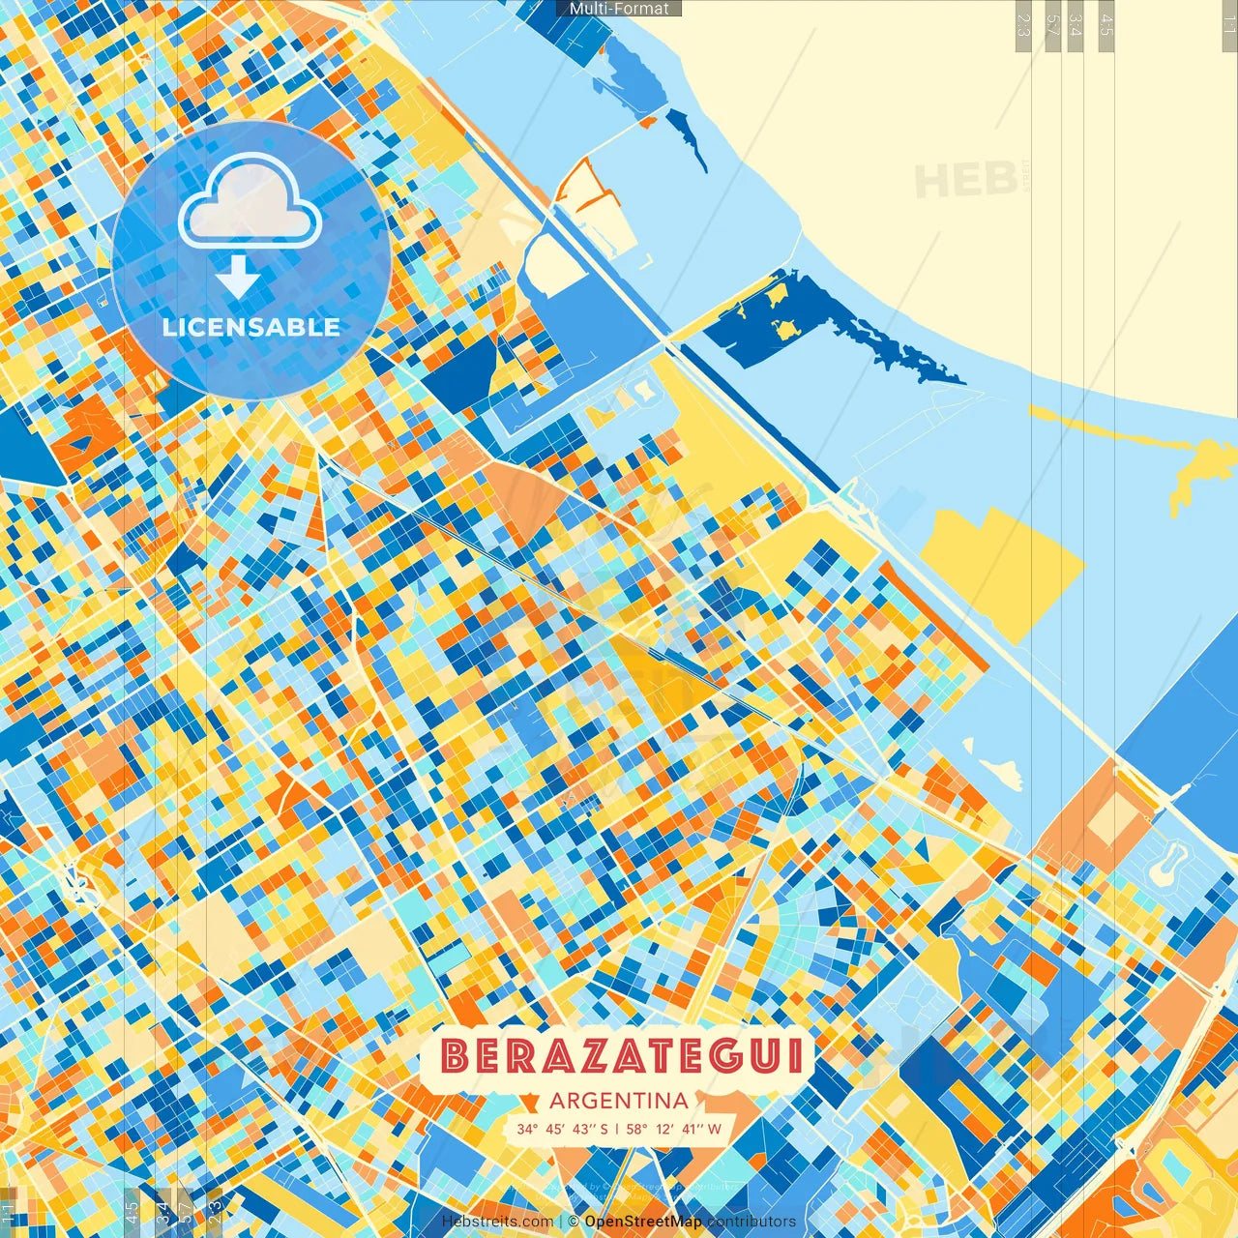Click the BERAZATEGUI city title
pos(620,1056)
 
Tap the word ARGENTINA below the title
pos(619,1101)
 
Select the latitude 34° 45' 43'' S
pos(562,1129)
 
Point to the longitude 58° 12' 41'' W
pos(673,1129)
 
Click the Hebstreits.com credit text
pos(497,1222)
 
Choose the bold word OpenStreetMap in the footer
pos(643,1222)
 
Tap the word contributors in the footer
pos(752,1222)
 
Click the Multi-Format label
pos(619,9)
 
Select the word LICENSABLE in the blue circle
pos(251,327)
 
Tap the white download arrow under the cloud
pos(237,278)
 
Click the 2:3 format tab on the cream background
pos(1022,25)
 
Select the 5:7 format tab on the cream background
pos(1051,25)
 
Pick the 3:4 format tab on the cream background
pos(1075,25)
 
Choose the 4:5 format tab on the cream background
pos(1105,25)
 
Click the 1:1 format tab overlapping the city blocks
pos(8,1213)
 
